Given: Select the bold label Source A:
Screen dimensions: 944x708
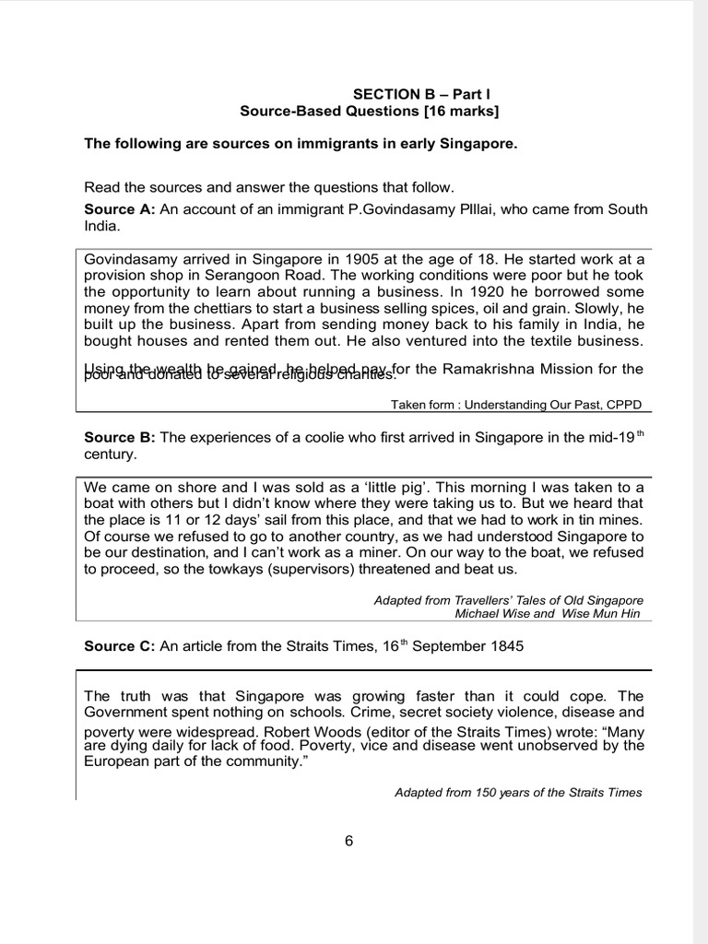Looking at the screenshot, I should tap(120, 209).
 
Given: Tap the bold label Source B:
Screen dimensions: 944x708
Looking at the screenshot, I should tap(120, 438).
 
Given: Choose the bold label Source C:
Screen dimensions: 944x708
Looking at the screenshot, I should tap(120, 646).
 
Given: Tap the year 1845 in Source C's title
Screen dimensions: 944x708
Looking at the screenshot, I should tap(505, 646).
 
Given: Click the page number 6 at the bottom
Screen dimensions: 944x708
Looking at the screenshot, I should tap(348, 841).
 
